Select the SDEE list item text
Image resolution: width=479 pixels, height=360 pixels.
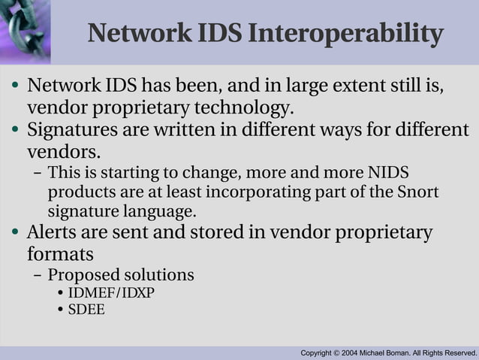pyautogui.click(x=86, y=309)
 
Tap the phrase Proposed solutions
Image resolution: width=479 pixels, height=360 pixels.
pyautogui.click(x=121, y=275)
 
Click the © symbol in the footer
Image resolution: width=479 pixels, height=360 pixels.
pyautogui.click(x=337, y=352)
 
